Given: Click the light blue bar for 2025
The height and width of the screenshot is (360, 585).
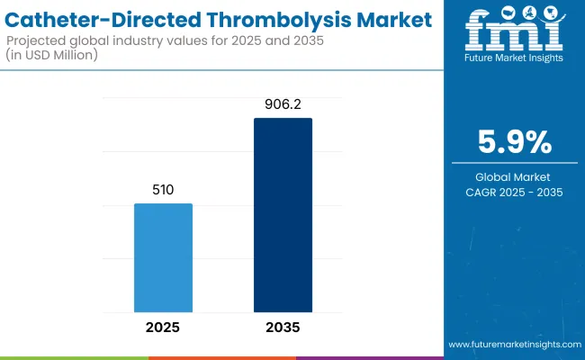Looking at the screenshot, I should (163, 257).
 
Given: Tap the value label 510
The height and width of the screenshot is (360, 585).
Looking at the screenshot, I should (163, 191).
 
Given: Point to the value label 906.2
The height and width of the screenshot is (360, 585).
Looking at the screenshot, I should (283, 105).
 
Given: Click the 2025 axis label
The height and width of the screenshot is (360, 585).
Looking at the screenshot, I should (163, 327).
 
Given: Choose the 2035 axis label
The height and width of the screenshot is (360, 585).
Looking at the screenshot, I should (283, 327).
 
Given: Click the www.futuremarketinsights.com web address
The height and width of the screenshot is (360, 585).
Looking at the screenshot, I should (514, 345).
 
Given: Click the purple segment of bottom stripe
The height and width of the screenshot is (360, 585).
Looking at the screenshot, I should (369, 357).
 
